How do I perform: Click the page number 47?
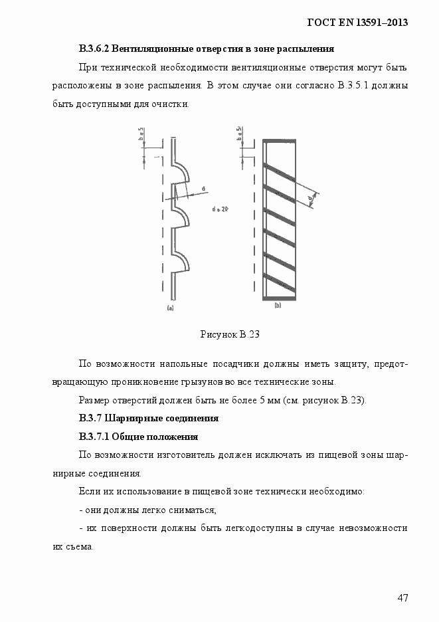402,597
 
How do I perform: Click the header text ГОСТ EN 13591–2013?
357,23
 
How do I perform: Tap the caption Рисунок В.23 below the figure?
229,335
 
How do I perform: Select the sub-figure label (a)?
170,308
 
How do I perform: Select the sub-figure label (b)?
278,305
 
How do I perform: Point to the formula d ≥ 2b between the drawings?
220,209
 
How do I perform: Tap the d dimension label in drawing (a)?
203,188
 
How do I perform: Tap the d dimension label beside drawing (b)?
310,197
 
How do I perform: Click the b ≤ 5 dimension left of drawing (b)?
238,134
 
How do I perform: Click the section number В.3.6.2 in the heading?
94,49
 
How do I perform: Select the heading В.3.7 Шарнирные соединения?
149,419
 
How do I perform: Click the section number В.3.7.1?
94,437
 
